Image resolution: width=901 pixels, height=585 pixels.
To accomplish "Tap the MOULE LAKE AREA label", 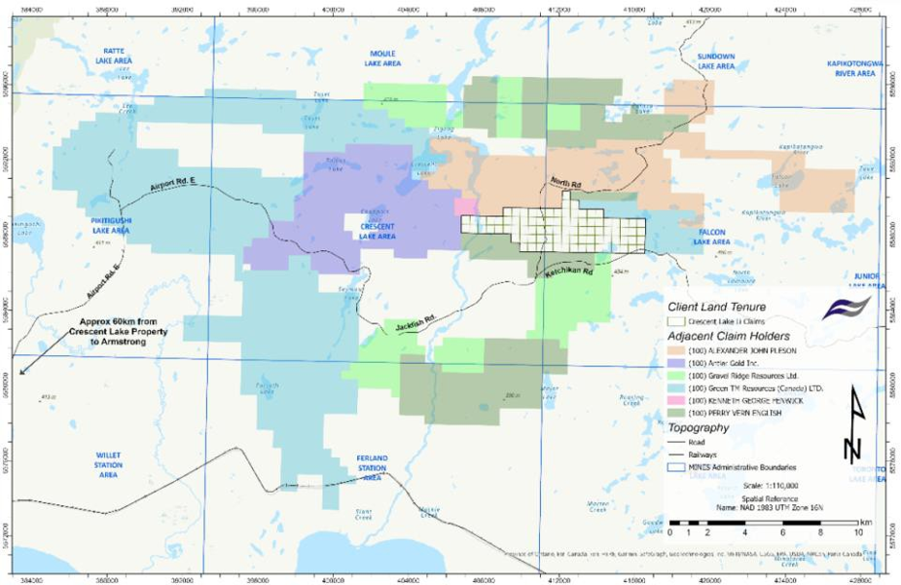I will pyautogui.click(x=384, y=58).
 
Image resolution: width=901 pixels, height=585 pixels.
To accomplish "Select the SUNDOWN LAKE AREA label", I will pyautogui.click(x=716, y=61).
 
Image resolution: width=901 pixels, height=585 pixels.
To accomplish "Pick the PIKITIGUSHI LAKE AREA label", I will pyautogui.click(x=110, y=226).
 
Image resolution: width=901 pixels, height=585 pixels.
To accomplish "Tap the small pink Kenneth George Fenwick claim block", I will pyautogui.click(x=466, y=206).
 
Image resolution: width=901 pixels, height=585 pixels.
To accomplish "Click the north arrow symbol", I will pyautogui.click(x=852, y=423).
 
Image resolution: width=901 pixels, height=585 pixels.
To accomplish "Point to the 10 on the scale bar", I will pyautogui.click(x=858, y=534).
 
